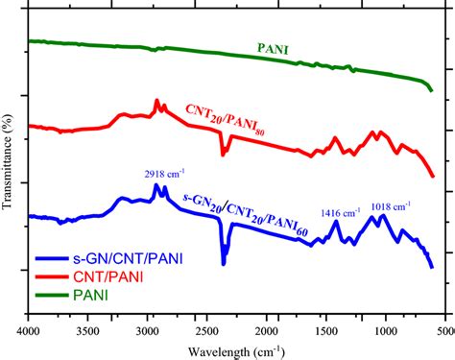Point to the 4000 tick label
[x=29, y=330]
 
